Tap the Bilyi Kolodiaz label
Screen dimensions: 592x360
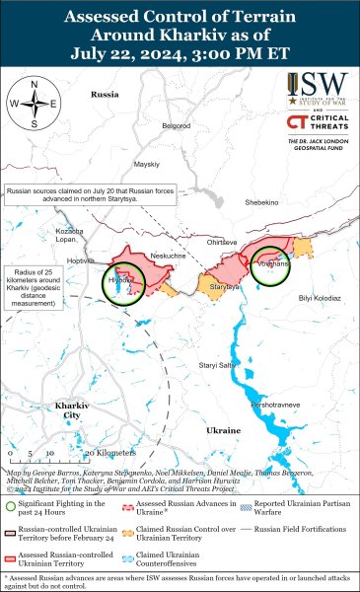(x=319, y=297)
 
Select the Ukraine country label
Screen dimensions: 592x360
(x=223, y=431)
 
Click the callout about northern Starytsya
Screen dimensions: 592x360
(x=85, y=194)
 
